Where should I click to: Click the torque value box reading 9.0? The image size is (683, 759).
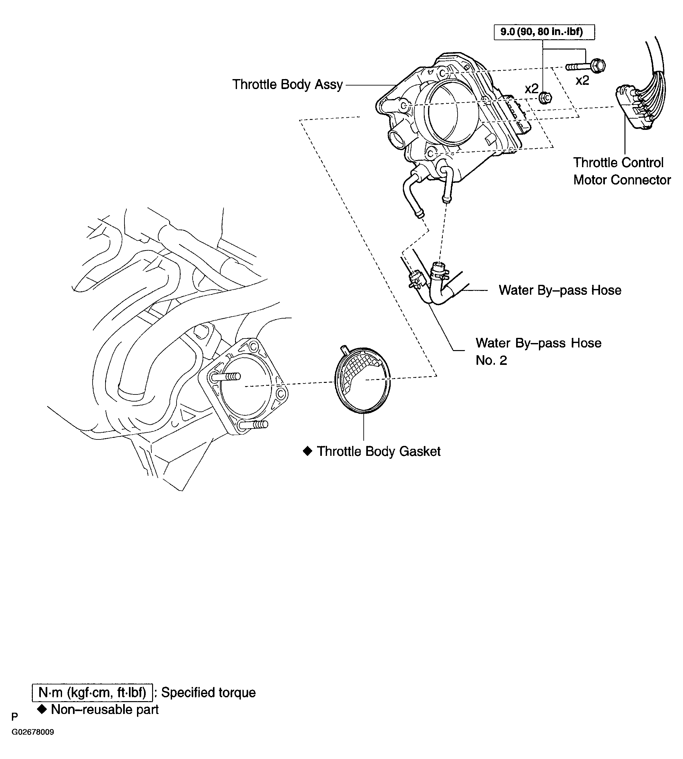(544, 32)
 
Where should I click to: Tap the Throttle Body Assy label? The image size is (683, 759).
(287, 85)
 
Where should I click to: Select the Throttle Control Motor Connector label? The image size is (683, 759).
(622, 171)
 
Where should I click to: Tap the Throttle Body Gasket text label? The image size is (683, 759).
(378, 451)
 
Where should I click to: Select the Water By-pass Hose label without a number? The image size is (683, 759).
(560, 290)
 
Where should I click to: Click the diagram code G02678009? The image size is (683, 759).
(33, 743)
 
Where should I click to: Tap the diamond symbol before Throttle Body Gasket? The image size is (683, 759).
(307, 451)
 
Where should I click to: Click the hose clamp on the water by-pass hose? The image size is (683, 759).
(440, 274)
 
